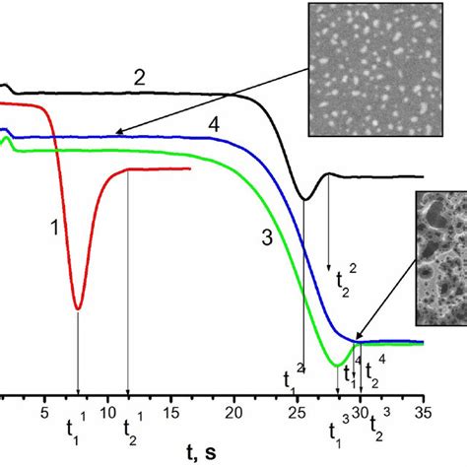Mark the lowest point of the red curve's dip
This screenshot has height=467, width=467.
click(78, 309)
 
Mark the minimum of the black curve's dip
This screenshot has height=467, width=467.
click(304, 200)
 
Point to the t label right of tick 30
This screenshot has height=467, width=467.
click(375, 426)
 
